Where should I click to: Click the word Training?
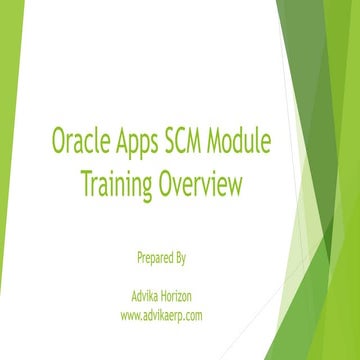click(114, 185)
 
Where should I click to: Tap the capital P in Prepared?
click(138, 257)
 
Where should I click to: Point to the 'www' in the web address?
click(129, 316)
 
